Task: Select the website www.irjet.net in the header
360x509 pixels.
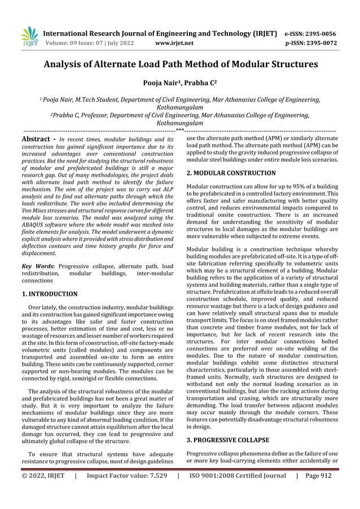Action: point(174,42)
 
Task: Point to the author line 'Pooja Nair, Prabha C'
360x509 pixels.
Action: point(180,82)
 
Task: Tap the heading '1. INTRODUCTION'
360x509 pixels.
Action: point(49,294)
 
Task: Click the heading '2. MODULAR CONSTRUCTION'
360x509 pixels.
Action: point(231,173)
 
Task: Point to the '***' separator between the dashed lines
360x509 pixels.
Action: point(180,131)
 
